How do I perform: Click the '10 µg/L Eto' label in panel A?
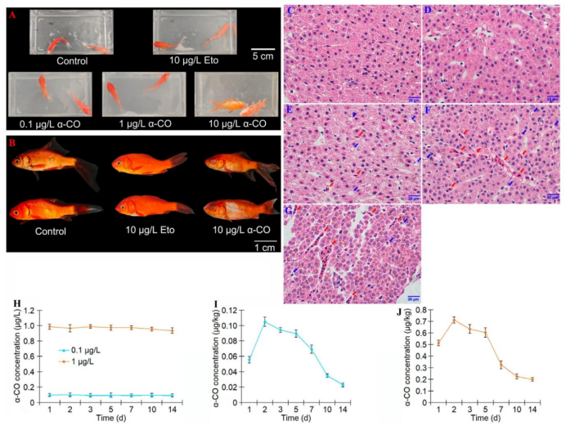coord(194,60)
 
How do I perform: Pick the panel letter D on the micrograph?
coord(428,11)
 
